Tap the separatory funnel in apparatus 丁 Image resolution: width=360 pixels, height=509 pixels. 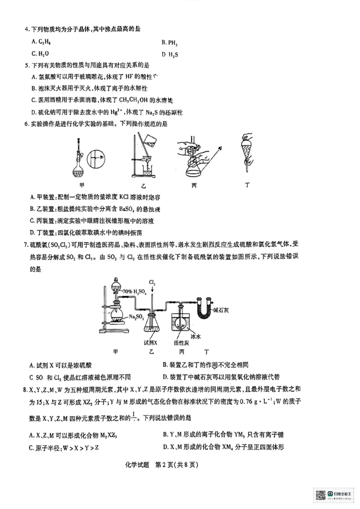246,148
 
